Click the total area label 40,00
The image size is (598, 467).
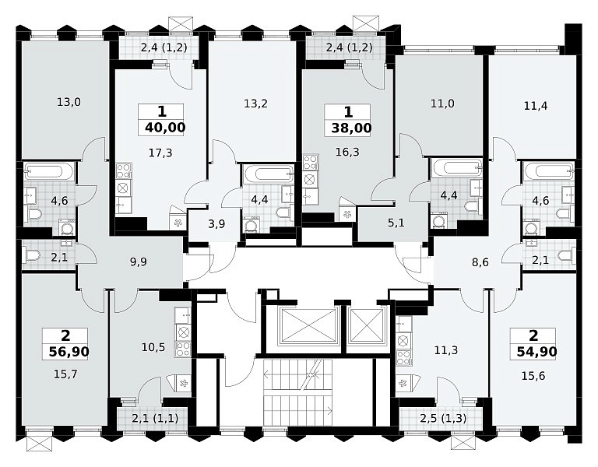click(165, 128)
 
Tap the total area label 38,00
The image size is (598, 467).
click(351, 128)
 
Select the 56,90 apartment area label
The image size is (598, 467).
click(69, 352)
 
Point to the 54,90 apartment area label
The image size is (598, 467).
click(537, 351)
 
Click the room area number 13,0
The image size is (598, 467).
click(69, 102)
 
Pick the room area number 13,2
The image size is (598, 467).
click(255, 104)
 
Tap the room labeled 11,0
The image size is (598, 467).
click(442, 104)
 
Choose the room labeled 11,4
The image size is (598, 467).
click(536, 106)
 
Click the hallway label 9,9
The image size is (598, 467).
click(138, 262)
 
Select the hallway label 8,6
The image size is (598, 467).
click(480, 262)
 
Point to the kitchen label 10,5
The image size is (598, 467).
click(153, 347)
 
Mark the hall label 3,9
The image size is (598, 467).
click(216, 224)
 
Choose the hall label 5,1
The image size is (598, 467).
click(396, 223)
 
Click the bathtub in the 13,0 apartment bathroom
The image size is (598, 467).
click(49, 170)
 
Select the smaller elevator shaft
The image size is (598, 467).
click(367, 326)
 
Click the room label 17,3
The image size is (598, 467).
click(160, 153)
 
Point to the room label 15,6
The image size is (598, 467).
click(533, 376)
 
